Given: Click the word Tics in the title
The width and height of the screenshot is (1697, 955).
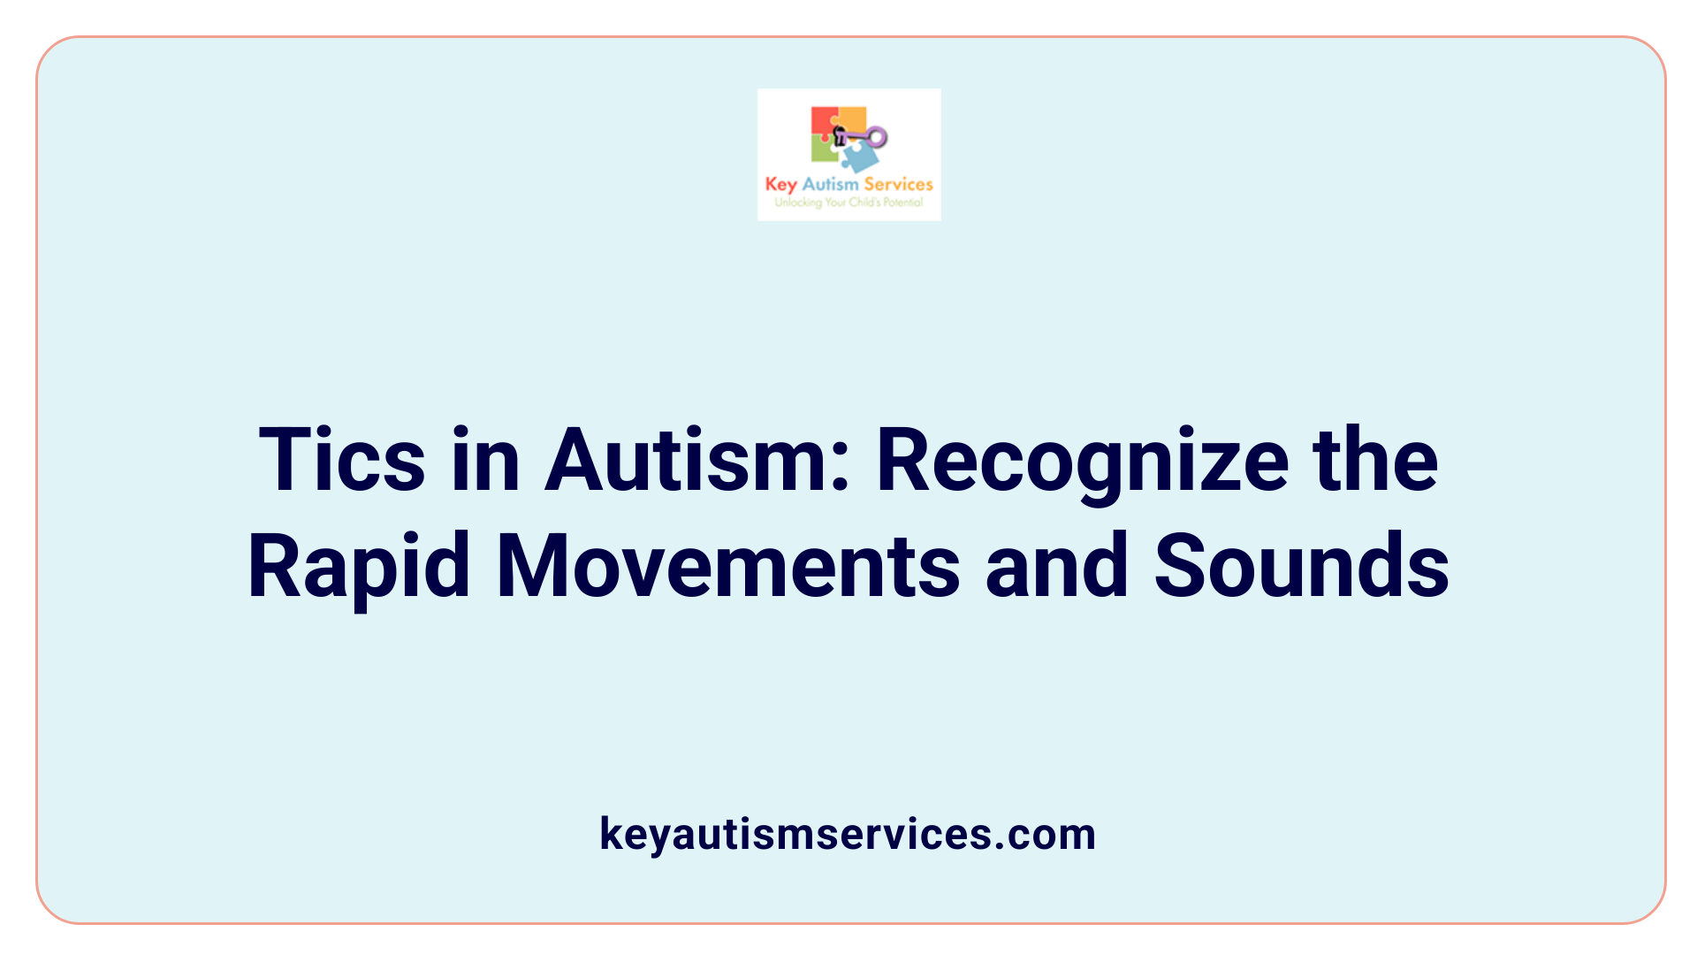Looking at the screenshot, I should [342, 461].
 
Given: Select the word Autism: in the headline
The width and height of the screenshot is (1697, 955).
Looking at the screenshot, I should [697, 461].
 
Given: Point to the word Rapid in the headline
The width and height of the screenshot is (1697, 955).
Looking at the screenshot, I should [359, 567].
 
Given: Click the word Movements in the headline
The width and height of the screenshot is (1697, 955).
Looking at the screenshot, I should [727, 567].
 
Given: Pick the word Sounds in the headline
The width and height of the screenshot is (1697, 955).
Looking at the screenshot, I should [1301, 567].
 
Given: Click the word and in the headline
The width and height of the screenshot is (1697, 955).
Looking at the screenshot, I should [1056, 567].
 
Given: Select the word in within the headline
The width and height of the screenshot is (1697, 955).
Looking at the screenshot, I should [485, 461].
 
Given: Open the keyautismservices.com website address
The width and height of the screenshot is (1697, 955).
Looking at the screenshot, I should [848, 834].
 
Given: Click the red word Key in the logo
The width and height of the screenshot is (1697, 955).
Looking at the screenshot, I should [780, 185].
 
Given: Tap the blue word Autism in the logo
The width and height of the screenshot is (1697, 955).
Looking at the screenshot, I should [830, 184].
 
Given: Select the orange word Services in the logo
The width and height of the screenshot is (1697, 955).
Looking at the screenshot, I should [898, 184].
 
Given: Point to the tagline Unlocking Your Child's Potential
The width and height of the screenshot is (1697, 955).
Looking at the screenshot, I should [848, 202].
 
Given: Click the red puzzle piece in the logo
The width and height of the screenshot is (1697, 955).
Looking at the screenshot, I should [822, 121].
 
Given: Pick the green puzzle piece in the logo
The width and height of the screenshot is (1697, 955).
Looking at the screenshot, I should [824, 151].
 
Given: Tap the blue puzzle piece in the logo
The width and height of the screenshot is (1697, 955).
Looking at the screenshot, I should [860, 157].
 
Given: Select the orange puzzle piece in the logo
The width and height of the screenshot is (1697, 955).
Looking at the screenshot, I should [853, 120].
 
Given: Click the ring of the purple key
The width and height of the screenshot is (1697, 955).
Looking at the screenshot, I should [877, 137].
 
